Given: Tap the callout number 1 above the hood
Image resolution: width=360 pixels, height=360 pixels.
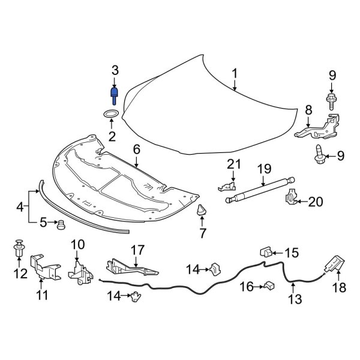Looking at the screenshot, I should click(235, 74).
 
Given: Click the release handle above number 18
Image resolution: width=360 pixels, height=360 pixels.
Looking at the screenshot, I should click(333, 264).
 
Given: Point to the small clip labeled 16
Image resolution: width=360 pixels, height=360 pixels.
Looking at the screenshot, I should click(269, 286).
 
